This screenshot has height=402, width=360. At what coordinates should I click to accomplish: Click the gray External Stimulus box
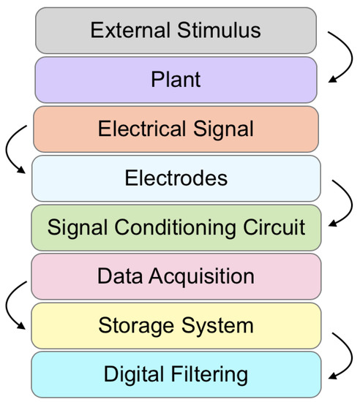[176, 31]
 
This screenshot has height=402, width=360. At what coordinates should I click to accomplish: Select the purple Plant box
[176, 79]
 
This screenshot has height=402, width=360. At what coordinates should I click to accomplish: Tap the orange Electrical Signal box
[176, 128]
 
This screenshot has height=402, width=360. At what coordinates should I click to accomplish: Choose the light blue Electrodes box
[176, 178]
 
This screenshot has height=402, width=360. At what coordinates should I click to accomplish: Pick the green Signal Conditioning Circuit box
[176, 227]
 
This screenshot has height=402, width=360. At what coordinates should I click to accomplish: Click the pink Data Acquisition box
[176, 276]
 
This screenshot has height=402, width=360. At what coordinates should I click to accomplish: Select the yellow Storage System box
[176, 325]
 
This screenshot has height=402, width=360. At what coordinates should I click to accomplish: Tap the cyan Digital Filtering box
[176, 374]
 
